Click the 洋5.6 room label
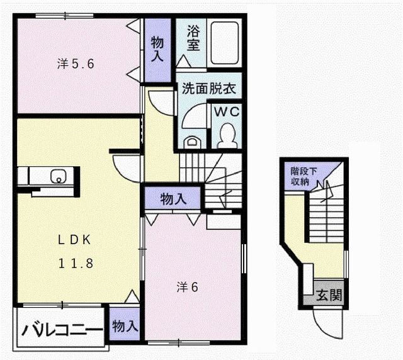(76, 63)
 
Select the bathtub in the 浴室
(224, 43)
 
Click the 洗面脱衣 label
(207, 89)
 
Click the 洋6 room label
(188, 287)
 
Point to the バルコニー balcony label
(61, 330)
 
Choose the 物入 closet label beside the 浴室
(157, 48)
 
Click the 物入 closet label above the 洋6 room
(173, 199)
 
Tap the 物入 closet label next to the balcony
(125, 325)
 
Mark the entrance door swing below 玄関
(327, 324)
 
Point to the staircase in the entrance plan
(325, 214)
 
